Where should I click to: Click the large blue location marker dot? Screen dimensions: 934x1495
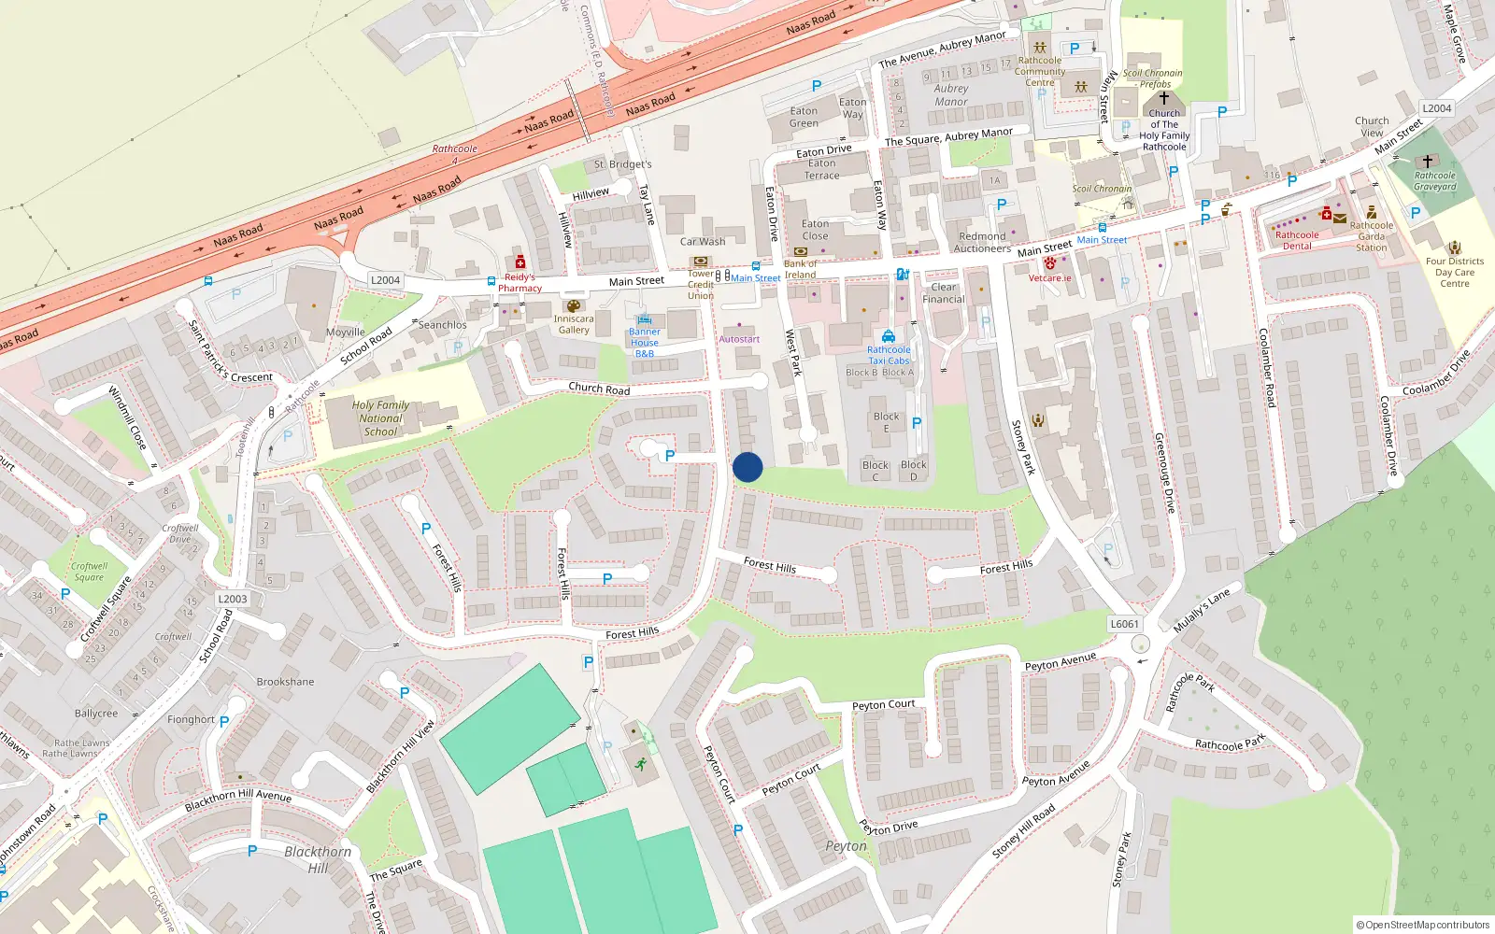click(x=747, y=467)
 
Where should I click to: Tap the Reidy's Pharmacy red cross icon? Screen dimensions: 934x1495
click(x=520, y=262)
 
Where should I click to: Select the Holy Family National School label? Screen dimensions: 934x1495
click(x=380, y=418)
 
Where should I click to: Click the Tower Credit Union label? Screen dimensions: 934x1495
click(x=701, y=285)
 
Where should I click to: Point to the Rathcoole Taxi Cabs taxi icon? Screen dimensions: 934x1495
click(x=888, y=336)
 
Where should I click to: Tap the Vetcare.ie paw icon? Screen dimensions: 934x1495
click(x=1050, y=264)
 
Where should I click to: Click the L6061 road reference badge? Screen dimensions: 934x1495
click(x=1124, y=624)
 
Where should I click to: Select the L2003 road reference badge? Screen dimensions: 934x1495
click(x=232, y=599)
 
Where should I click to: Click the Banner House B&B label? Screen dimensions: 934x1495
click(x=644, y=343)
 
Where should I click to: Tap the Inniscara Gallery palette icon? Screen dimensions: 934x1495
click(x=574, y=305)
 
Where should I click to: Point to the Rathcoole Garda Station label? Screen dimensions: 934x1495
click(x=1371, y=236)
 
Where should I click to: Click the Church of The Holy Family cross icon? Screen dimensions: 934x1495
click(x=1164, y=97)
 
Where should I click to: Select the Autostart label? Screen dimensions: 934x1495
click(x=739, y=339)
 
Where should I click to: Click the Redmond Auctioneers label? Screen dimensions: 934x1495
click(x=982, y=243)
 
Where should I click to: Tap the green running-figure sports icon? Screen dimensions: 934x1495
click(x=640, y=764)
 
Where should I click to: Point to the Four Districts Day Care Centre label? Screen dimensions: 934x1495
click(x=1454, y=273)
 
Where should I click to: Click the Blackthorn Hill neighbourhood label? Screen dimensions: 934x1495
click(x=318, y=859)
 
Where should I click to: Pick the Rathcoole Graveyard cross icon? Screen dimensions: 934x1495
click(x=1427, y=162)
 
